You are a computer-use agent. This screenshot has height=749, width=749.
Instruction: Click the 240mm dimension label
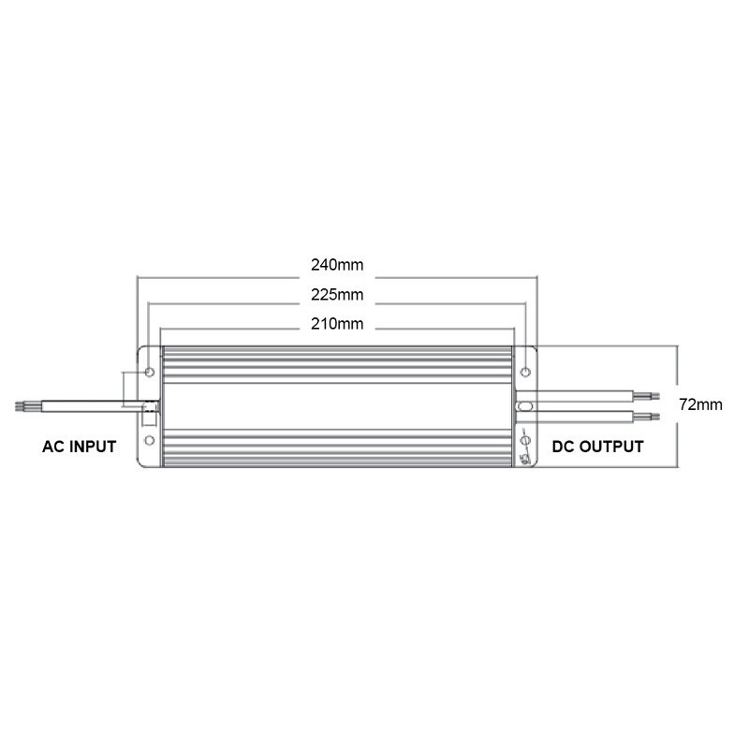coord(337,265)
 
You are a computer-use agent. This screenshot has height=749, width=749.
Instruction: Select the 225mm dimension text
coord(337,295)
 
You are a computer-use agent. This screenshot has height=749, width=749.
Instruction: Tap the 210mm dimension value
coord(337,325)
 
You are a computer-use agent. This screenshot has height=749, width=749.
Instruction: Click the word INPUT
coord(93,447)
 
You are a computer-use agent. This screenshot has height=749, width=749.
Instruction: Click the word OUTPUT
coord(610,447)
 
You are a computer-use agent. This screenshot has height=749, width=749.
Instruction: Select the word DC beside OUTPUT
coord(564,447)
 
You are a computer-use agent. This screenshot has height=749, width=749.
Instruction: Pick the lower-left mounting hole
coord(150,440)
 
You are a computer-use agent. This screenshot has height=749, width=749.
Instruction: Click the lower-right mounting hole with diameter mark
coord(525,440)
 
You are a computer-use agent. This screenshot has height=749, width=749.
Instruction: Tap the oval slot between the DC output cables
coord(525,406)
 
